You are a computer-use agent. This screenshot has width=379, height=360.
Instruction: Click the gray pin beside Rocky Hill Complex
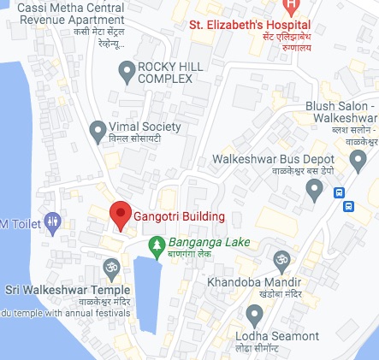(127, 71)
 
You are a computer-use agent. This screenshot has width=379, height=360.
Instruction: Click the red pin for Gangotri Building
(121, 215)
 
